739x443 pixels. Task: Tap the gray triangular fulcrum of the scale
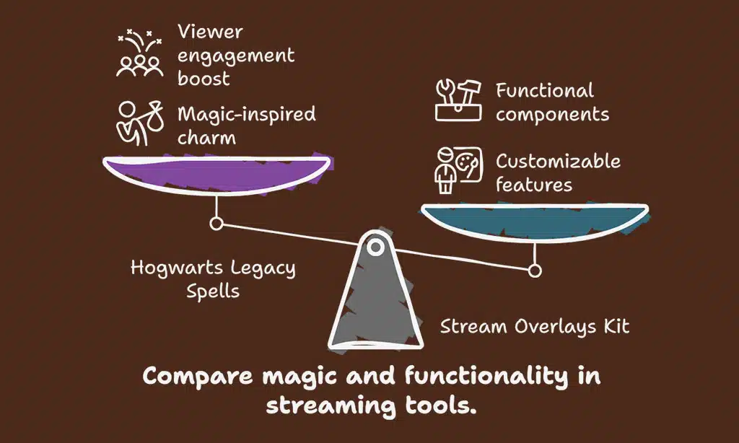[375, 303]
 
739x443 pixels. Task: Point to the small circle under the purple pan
[216, 224]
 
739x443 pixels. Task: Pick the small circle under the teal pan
[534, 271]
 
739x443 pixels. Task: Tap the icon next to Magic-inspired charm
[139, 123]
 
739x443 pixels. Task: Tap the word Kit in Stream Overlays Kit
[613, 326]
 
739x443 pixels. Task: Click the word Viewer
[211, 32]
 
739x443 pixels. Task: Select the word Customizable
[558, 160]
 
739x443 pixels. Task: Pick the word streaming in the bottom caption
[328, 405]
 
